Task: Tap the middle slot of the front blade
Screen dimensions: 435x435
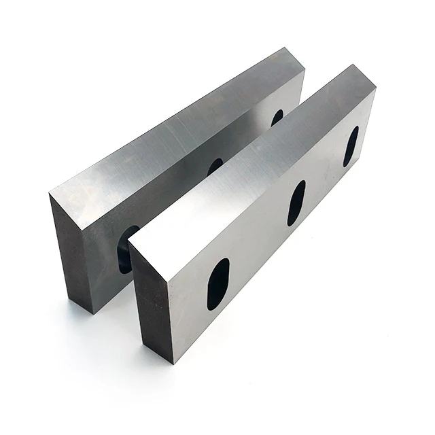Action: pos(296,203)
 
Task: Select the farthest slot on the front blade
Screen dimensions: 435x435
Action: pos(351,145)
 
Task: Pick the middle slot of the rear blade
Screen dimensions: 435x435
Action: pos(215,166)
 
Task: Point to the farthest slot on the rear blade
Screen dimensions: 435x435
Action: pos(277,117)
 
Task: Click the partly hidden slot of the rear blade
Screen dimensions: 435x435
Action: pos(125,250)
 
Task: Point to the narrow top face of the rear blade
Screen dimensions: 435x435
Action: pos(184,122)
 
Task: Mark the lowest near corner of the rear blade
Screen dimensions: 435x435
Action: pos(92,313)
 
